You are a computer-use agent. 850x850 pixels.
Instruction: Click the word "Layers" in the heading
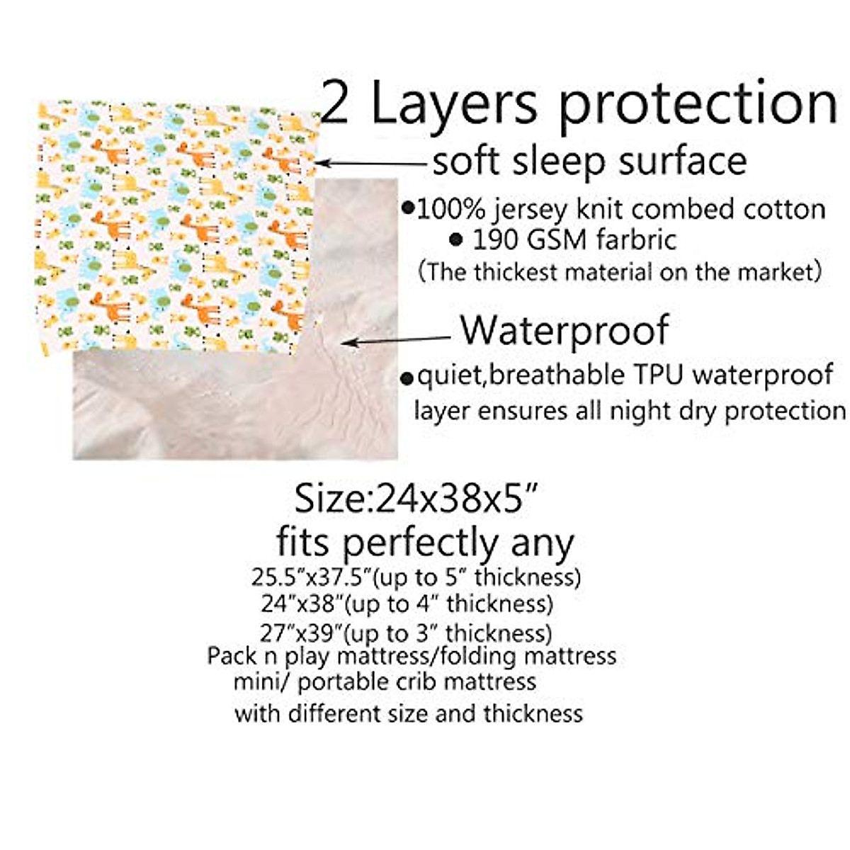(x=454, y=104)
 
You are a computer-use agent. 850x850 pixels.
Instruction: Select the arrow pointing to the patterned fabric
(x=371, y=163)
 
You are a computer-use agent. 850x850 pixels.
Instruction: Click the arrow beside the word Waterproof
(x=397, y=341)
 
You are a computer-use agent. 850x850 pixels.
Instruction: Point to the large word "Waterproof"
(x=565, y=330)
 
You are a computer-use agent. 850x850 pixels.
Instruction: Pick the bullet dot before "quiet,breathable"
(x=407, y=378)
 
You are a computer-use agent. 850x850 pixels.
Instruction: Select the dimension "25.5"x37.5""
(x=311, y=578)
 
